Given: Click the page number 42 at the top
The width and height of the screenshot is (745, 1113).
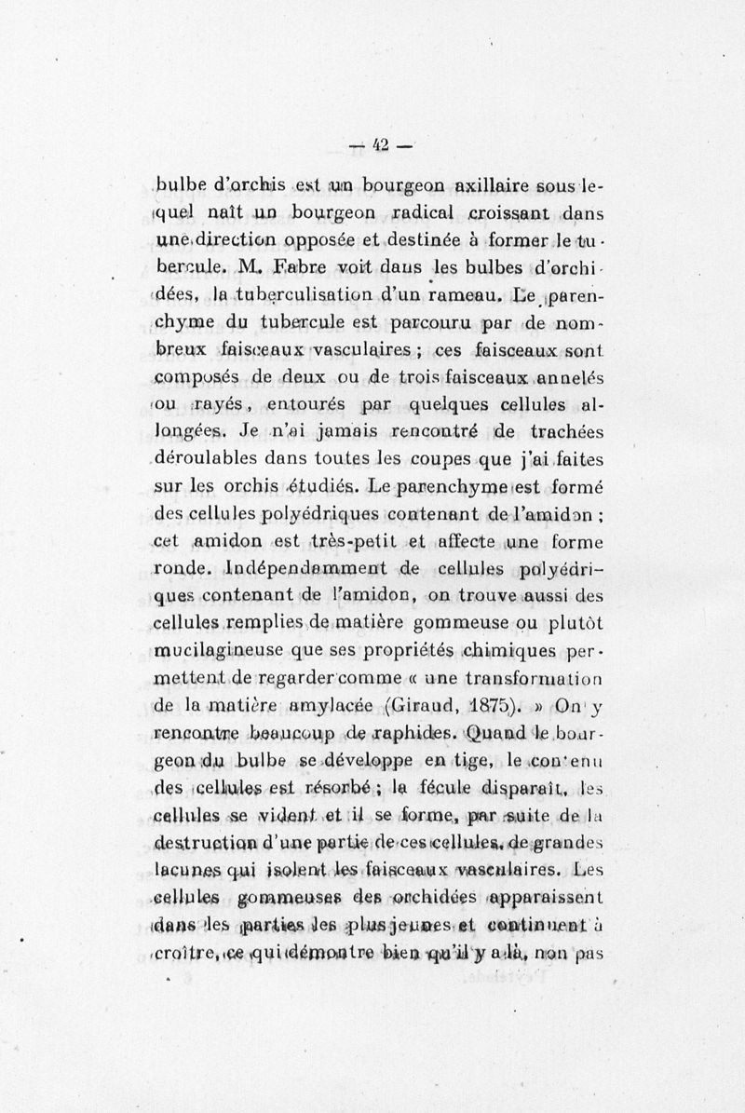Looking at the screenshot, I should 381,144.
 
